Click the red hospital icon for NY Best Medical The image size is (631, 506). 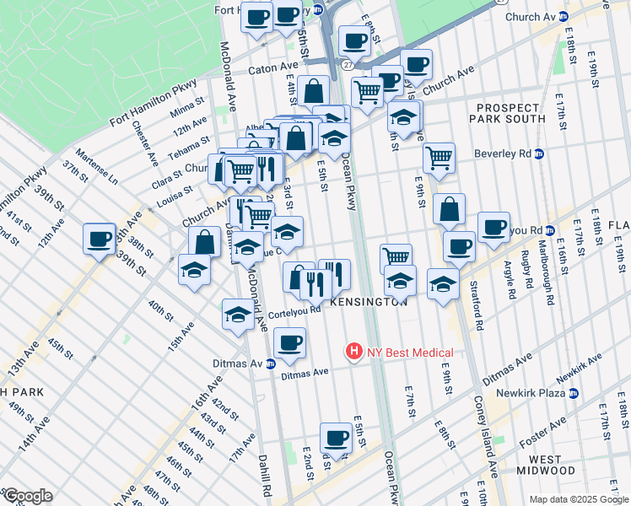(x=354, y=352)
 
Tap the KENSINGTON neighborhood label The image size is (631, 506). (x=369, y=301)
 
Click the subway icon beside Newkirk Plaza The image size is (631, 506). (x=574, y=393)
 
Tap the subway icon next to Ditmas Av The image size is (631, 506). (x=271, y=364)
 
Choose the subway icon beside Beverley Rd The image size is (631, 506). (x=539, y=153)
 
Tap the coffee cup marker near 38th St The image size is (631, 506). (x=99, y=239)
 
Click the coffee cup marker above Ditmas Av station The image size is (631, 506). (x=289, y=342)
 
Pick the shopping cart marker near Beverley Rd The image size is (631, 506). (x=439, y=158)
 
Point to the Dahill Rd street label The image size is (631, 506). (x=266, y=476)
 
